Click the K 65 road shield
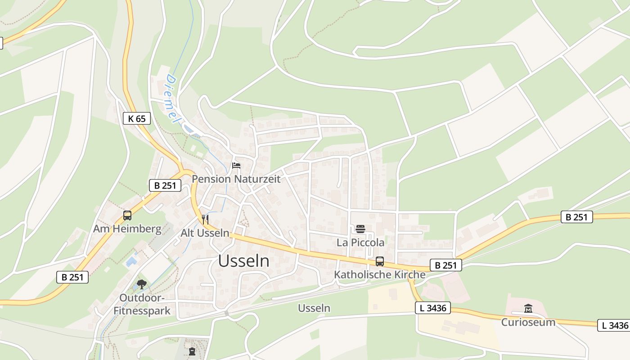tap(137, 119)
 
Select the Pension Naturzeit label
tap(236, 179)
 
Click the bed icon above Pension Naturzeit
tap(236, 166)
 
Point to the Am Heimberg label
tap(127, 229)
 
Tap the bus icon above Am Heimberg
tap(127, 216)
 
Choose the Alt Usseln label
tap(205, 233)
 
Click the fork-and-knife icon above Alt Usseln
tap(205, 220)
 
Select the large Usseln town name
tap(244, 261)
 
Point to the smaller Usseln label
tap(314, 308)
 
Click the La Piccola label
tap(360, 243)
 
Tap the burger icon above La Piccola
tap(360, 229)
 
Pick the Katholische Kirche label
tap(380, 274)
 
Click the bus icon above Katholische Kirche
tap(380, 261)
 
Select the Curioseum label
tap(528, 322)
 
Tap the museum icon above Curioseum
tap(528, 309)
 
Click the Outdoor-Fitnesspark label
tap(142, 304)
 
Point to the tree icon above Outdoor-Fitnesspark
tap(142, 284)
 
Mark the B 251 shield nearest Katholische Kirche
tap(446, 265)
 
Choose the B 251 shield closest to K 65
tap(165, 185)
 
